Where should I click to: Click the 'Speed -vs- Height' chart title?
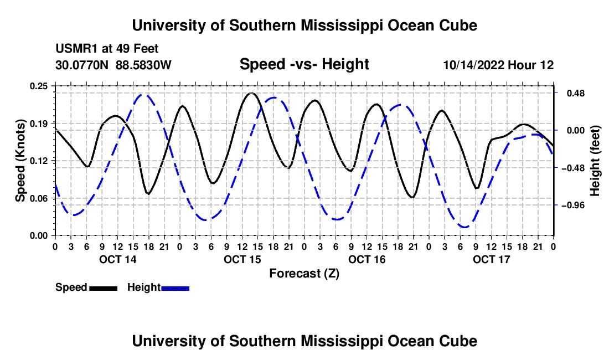pos(304,64)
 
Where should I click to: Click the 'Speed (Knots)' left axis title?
pos(20,161)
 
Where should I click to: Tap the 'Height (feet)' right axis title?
pos(595,161)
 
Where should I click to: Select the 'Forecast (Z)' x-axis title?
pos(304,274)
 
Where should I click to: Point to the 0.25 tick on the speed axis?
pos(38,86)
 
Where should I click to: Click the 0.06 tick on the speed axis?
pos(38,198)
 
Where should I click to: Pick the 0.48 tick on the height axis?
pos(576,93)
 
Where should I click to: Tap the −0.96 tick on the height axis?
pos(573,205)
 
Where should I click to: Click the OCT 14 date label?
pos(118,259)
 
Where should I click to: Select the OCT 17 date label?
pos(491,259)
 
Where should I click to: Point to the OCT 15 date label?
pos(242,259)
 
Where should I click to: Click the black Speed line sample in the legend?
pos(104,288)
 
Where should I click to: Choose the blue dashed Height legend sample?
pos(175,288)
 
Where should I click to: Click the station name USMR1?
pos(77,49)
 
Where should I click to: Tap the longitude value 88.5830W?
pos(143,65)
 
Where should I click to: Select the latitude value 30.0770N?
pos(82,65)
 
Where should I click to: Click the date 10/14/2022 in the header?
pos(474,65)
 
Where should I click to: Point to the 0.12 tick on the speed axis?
pos(38,161)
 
